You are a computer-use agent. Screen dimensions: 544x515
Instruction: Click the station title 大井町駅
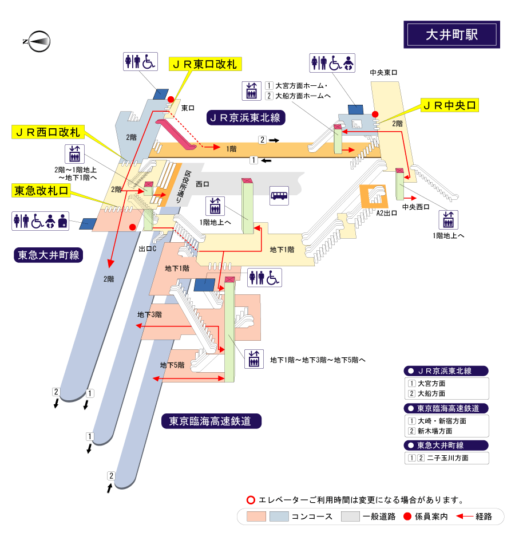pyautogui.click(x=451, y=34)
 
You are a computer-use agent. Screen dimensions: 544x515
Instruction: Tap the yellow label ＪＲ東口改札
pyautogui.click(x=204, y=65)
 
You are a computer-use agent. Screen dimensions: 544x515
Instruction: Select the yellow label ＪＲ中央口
pyautogui.click(x=449, y=105)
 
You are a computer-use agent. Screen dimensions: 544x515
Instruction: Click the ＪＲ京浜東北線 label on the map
pyautogui.click(x=246, y=118)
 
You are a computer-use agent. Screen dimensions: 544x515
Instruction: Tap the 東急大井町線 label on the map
pyautogui.click(x=49, y=255)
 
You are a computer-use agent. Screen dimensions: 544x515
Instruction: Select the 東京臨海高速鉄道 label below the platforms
pyautogui.click(x=211, y=421)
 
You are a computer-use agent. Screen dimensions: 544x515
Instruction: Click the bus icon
pyautogui.click(x=279, y=196)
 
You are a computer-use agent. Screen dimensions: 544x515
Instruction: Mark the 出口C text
pyautogui.click(x=148, y=249)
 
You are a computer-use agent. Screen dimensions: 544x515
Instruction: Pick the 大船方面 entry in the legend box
pyautogui.click(x=431, y=394)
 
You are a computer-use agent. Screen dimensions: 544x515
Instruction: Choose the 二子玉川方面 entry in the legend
pyautogui.click(x=443, y=458)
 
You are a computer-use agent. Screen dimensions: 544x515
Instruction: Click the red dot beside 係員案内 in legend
pyautogui.click(x=407, y=517)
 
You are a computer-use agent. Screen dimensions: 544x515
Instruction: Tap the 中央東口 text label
pyautogui.click(x=383, y=73)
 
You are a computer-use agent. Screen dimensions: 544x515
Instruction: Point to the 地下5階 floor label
pyautogui.click(x=172, y=365)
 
